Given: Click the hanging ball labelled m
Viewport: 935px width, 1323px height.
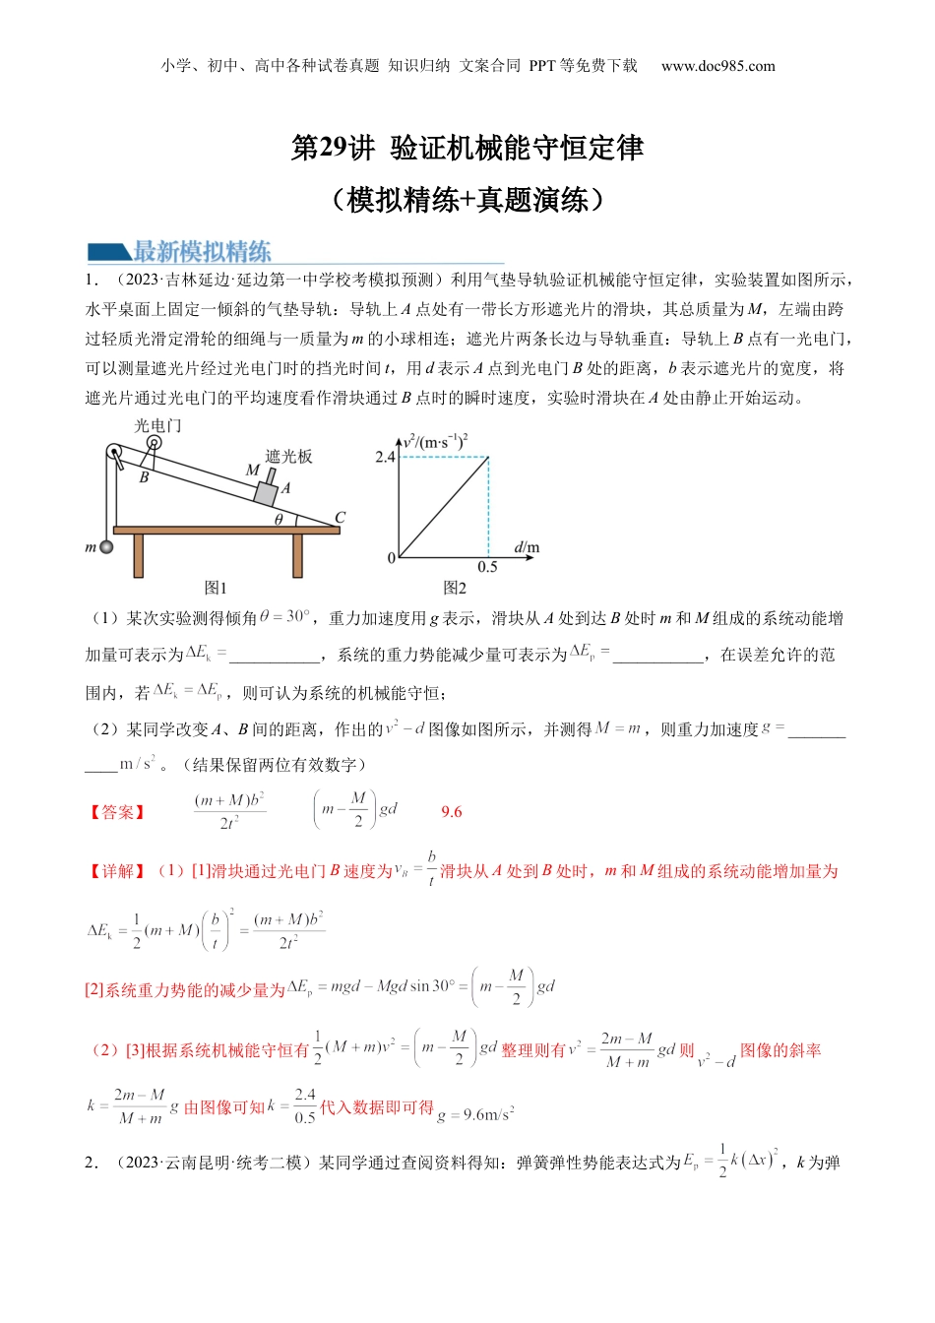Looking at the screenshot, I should click(x=106, y=547).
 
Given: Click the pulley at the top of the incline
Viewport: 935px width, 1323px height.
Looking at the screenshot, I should click(x=114, y=454).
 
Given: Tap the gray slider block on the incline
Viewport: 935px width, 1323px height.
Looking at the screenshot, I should click(x=265, y=493).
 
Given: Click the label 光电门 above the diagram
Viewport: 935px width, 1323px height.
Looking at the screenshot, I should click(x=157, y=425).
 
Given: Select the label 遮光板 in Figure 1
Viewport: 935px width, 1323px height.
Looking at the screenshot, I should click(x=288, y=456).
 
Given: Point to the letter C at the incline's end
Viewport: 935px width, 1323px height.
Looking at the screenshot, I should click(x=341, y=517).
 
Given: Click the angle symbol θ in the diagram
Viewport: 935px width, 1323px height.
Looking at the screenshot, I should click(x=279, y=519).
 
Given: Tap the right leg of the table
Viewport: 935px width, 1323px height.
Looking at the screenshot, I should click(x=297, y=555).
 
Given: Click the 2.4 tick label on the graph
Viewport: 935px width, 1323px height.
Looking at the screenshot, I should click(x=384, y=457).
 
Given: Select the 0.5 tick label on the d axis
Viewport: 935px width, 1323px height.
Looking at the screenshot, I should click(x=487, y=567).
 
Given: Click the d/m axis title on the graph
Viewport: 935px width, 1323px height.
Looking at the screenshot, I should click(x=527, y=547).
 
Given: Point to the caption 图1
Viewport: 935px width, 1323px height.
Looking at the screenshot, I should click(x=215, y=588).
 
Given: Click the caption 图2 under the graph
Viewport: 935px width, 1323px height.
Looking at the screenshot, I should click(x=455, y=588).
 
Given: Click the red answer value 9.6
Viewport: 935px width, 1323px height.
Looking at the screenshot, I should click(x=451, y=812).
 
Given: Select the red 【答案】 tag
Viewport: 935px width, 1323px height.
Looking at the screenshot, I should click(x=117, y=812).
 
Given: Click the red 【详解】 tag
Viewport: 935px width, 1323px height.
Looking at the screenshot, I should click(x=117, y=871).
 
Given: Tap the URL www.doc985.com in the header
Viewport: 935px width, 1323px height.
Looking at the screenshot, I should click(x=717, y=66).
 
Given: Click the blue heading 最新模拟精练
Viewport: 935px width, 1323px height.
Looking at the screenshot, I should click(x=202, y=251).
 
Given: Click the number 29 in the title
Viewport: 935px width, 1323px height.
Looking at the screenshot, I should click(x=334, y=148).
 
